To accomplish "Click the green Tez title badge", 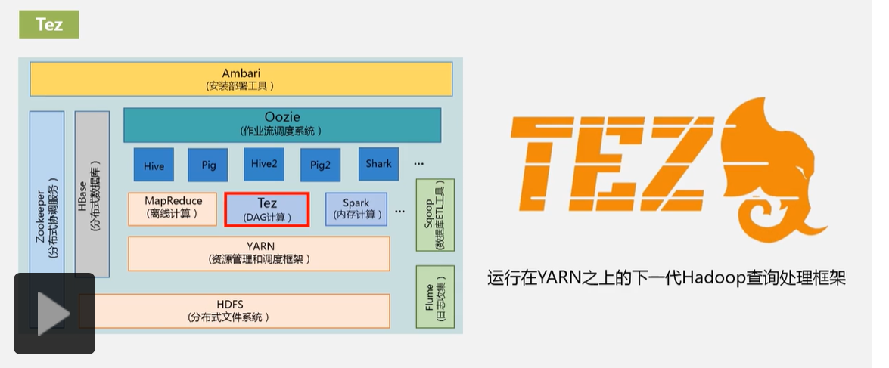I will point(49,24).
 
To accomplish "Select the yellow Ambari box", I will point(241,79).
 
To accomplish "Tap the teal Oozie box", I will point(282,125).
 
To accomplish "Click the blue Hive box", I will point(154,165).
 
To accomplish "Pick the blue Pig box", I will point(208,165).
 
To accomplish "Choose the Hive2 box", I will point(264,164).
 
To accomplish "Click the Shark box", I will point(378,164).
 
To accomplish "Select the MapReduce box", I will point(173,209).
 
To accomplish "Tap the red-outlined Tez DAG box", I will point(266,209).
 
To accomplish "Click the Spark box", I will point(356,209).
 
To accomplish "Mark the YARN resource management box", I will point(260,253).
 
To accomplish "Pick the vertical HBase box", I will point(92,193).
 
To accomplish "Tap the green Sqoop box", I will point(435,215).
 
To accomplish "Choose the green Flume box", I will point(435,297).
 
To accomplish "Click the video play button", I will point(54,313).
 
